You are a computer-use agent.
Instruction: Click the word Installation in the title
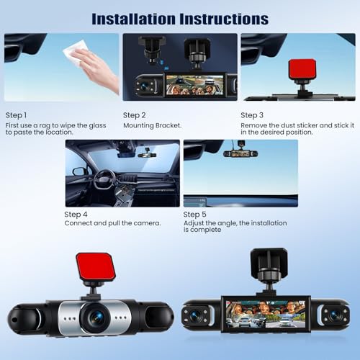[134, 19]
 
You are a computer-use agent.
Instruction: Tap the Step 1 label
[16, 115]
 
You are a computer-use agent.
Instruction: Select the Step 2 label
[135, 115]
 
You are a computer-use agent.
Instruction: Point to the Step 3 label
[252, 115]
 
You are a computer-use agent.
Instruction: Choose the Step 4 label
[76, 215]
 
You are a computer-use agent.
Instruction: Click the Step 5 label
[194, 215]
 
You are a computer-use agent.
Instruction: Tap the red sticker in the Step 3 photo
[302, 69]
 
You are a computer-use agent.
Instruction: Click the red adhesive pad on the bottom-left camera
[96, 266]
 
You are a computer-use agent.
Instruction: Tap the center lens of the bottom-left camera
[96, 318]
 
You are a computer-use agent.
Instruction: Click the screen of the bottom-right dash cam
[266, 314]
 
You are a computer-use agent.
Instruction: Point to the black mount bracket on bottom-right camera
[269, 264]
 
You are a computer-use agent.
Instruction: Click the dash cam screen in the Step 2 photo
[194, 84]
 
